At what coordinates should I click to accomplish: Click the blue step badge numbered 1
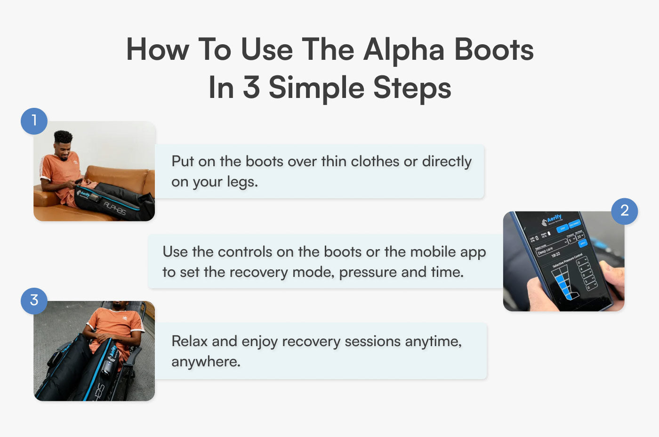[x=34, y=121]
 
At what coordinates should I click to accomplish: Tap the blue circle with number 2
[x=624, y=210]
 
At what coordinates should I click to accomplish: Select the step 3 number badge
[x=34, y=300]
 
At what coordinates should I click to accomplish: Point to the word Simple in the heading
[x=316, y=88]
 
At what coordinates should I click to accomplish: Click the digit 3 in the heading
[x=251, y=88]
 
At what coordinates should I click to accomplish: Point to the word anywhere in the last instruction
[x=205, y=362]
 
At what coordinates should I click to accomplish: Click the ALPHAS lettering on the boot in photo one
[x=114, y=208]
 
